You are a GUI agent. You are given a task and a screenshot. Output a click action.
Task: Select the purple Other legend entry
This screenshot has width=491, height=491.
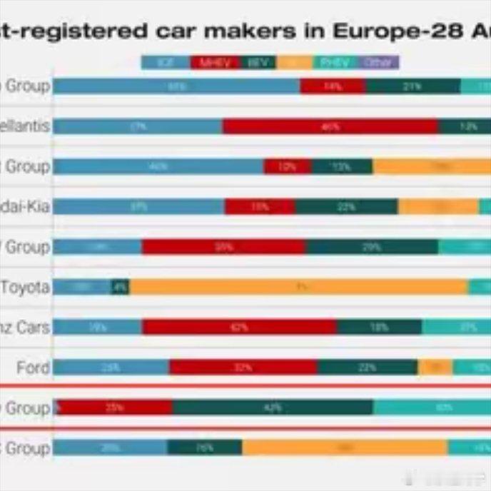point(378,63)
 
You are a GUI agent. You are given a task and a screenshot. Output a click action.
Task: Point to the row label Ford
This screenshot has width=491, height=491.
point(34,368)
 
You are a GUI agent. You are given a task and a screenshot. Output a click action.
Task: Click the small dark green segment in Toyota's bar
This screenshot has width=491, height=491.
point(121,288)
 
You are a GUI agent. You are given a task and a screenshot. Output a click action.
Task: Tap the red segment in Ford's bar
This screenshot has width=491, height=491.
point(243,368)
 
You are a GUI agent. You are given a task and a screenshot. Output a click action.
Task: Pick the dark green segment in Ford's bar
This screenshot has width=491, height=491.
point(368,368)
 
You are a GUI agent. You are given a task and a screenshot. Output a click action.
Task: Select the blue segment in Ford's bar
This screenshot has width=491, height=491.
point(111,368)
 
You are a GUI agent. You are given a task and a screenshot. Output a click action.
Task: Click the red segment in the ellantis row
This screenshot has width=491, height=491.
point(330,127)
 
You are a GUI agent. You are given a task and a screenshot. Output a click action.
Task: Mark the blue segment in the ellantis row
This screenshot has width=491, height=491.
point(138,127)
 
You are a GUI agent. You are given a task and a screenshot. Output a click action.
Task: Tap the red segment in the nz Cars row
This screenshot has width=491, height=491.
point(239,328)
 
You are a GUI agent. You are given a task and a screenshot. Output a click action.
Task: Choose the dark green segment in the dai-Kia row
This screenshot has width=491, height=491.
point(347,207)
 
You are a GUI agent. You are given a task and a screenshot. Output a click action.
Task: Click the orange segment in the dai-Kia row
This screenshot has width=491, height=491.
point(438,207)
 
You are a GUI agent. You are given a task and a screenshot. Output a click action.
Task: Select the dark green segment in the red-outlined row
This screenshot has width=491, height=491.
point(273,408)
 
